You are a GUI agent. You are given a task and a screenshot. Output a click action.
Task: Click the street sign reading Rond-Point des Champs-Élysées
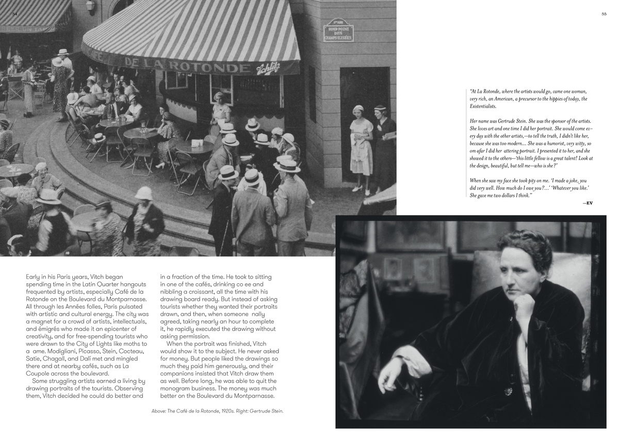point(338,30)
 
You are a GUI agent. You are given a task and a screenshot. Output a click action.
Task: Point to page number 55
point(604,14)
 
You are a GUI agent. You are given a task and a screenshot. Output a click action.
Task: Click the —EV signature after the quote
point(587,203)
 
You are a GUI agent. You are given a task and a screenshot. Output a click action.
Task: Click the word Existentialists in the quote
point(483,106)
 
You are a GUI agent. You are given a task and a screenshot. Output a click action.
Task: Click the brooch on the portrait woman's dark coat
point(509,391)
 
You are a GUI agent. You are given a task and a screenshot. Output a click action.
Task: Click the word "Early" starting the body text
point(35,277)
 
